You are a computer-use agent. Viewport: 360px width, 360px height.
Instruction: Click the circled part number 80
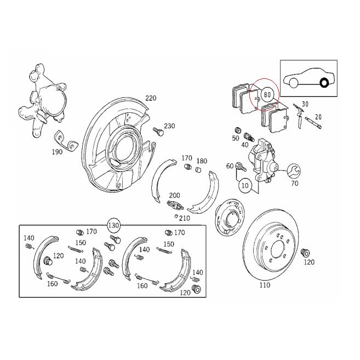pyautogui.click(x=267, y=94)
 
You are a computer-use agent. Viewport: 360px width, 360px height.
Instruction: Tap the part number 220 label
pyautogui.click(x=151, y=98)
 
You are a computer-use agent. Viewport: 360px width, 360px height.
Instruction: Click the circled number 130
pyautogui.click(x=113, y=225)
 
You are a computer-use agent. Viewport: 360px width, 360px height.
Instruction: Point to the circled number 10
pyautogui.click(x=245, y=186)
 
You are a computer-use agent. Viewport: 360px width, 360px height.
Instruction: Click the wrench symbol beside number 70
pyautogui.click(x=292, y=171)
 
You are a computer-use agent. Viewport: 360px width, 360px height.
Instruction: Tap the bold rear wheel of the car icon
pyautogui.click(x=324, y=83)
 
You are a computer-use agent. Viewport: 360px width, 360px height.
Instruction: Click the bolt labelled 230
pyautogui.click(x=158, y=132)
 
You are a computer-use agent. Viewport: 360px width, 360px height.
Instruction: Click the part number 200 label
pyautogui.click(x=174, y=196)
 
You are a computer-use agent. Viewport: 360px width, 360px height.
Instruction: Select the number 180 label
pyautogui.click(x=201, y=161)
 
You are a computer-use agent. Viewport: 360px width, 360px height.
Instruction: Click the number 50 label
pyautogui.click(x=236, y=139)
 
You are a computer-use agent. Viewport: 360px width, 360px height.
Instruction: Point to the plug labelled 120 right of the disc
pyautogui.click(x=306, y=253)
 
